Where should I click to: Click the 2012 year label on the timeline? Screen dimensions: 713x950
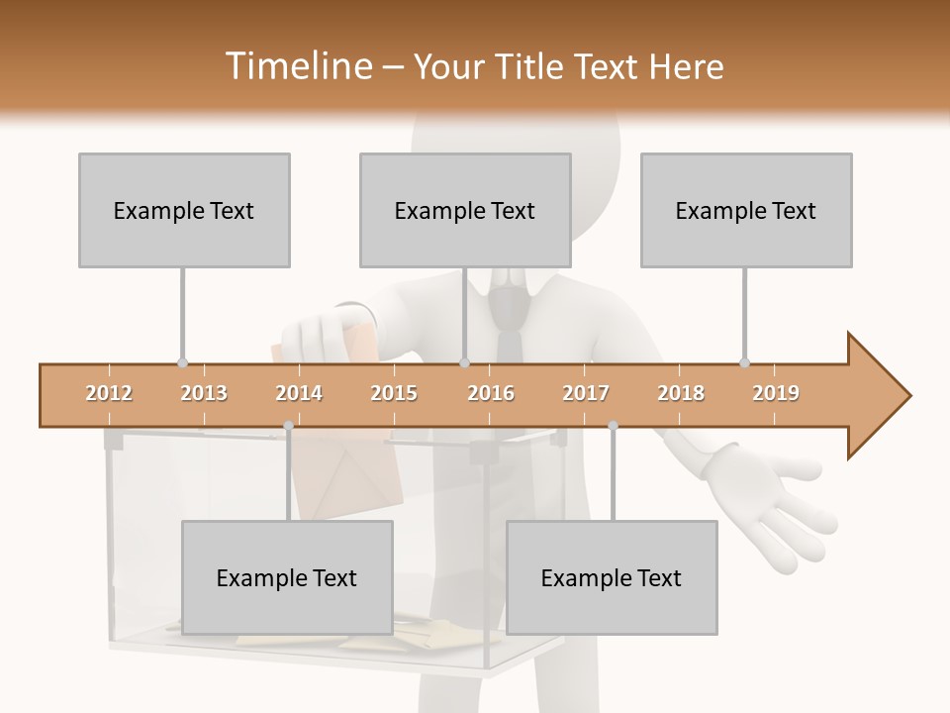109,393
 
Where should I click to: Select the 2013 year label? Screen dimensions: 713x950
204,393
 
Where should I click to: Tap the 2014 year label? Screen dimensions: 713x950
299,393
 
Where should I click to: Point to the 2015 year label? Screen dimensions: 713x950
394,393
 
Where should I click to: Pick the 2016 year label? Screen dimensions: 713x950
491,393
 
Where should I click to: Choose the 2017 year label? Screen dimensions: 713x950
586,393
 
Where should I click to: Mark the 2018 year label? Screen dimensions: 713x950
681,393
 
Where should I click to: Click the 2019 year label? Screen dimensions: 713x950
776,393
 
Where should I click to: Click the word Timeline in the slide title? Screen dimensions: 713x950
296,66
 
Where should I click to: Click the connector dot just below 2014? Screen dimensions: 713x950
288,426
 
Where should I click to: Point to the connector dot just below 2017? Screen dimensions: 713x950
613,426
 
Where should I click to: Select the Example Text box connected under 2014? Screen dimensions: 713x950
287,577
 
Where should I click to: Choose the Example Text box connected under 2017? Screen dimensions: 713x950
612,577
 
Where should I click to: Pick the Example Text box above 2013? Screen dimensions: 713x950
184,210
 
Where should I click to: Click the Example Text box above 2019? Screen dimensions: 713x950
746,210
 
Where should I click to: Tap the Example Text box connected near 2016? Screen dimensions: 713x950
465,210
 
